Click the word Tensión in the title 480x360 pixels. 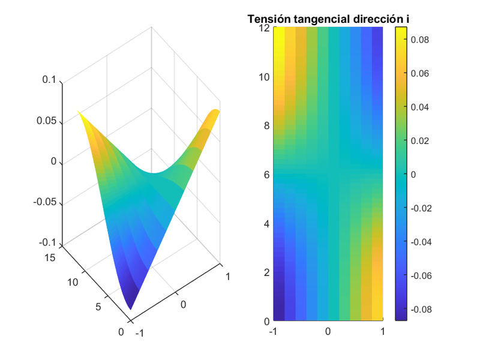point(268,19)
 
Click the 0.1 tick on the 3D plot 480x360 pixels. point(49,80)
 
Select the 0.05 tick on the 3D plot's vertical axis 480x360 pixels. point(46,121)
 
